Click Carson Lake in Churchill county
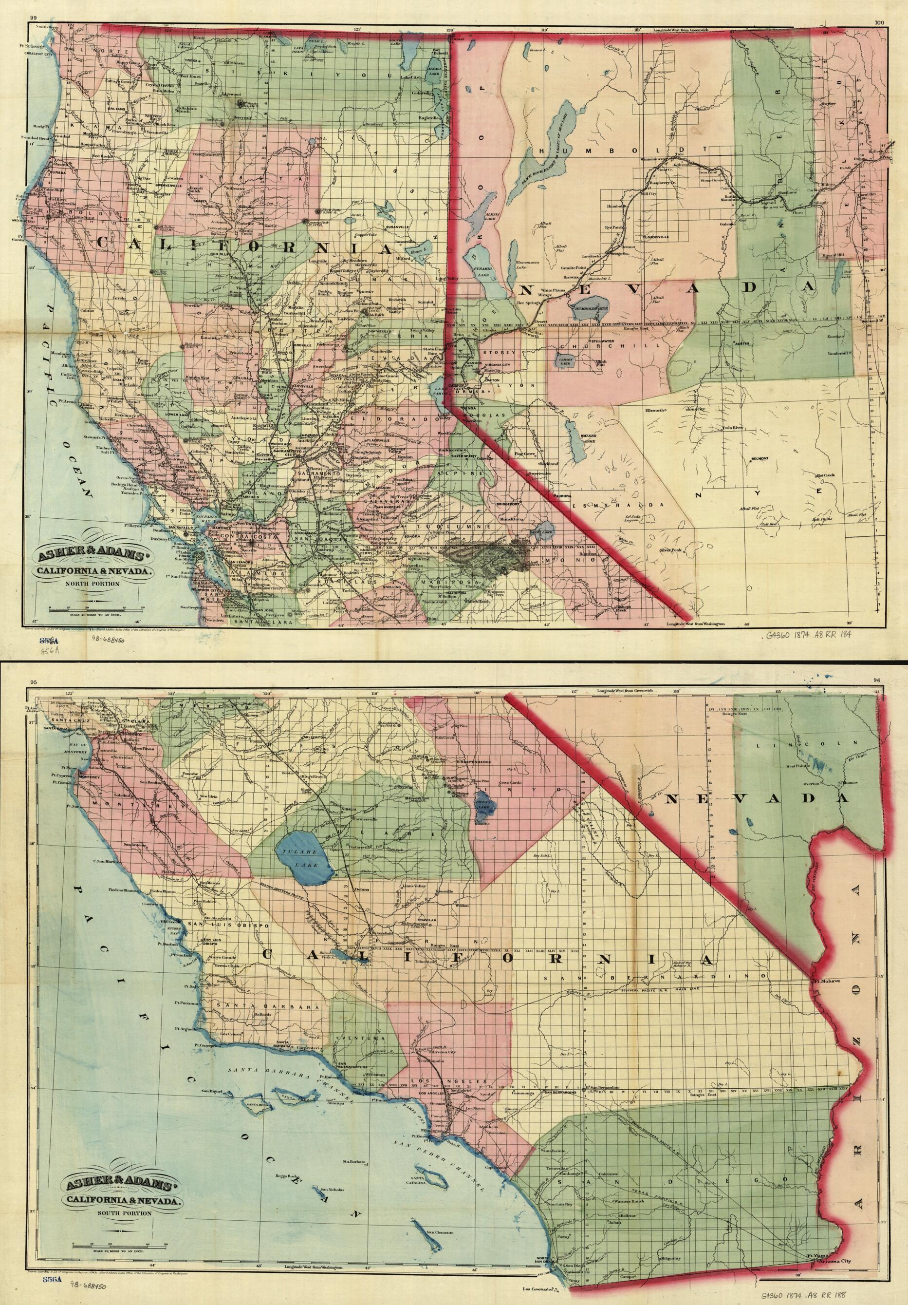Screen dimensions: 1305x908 click(x=565, y=361)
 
